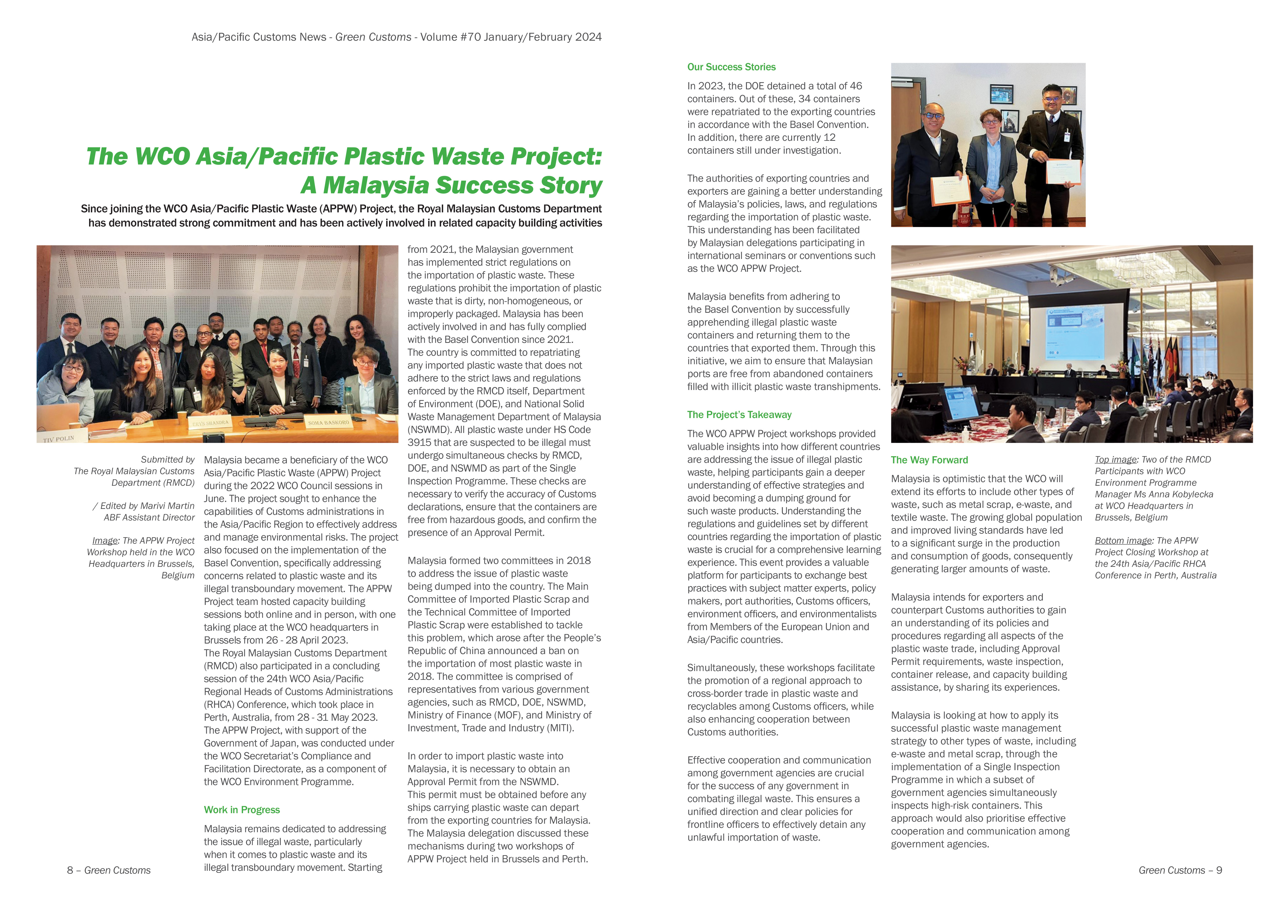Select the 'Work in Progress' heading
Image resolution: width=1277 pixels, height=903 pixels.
tap(241, 810)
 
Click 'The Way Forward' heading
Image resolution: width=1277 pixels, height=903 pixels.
tap(929, 460)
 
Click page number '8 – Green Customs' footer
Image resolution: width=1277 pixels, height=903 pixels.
tap(108, 870)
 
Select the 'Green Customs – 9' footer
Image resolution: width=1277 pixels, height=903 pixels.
tap(1180, 870)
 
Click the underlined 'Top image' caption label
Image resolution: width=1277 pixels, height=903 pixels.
tap(1115, 459)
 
